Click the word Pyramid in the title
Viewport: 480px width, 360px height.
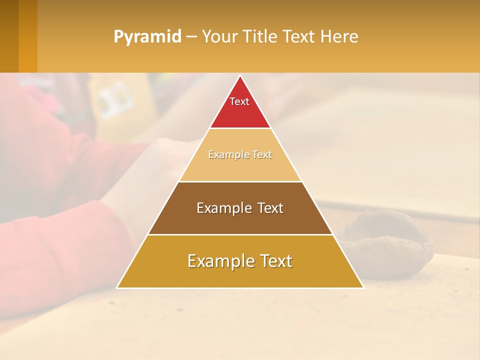point(147,37)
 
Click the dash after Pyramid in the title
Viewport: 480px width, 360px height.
point(191,37)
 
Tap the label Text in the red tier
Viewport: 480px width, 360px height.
point(239,101)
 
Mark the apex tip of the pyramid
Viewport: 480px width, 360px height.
point(240,76)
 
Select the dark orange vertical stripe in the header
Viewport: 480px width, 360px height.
point(28,36)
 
